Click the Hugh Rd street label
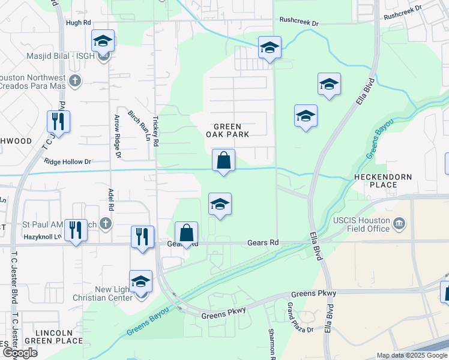tap(78, 22)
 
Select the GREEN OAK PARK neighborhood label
tap(228, 130)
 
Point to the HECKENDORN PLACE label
tap(384, 181)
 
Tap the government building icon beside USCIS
tap(399, 224)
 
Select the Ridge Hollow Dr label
tap(67, 161)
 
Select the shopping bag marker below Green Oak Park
tap(223, 161)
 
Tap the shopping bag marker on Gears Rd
tap(187, 233)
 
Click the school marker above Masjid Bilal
tap(103, 41)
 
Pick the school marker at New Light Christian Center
tap(140, 281)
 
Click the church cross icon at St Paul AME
tap(106, 224)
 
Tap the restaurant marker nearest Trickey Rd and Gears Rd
tap(142, 236)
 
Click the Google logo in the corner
tap(19, 353)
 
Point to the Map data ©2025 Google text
tap(411, 355)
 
